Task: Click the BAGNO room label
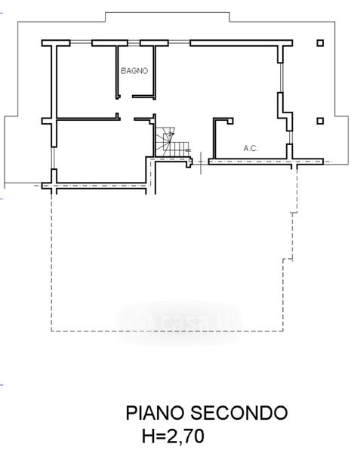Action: coord(134,71)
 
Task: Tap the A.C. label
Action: coord(251,149)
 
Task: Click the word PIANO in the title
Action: coord(155,413)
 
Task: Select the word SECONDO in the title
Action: coord(238,413)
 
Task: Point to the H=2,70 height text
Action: coord(174,436)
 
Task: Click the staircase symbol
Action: coord(173,142)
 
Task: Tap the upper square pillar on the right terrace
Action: coord(320,43)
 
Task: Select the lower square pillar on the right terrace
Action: coord(320,121)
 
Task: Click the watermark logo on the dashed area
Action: coord(180,323)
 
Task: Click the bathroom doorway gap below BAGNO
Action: coord(127,97)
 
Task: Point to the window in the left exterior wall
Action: coord(53,158)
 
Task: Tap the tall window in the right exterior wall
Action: coord(282,78)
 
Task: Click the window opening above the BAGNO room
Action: coord(134,43)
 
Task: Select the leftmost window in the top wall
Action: coord(81,43)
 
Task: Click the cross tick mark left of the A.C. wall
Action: coord(201,162)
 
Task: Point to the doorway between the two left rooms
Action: coord(127,119)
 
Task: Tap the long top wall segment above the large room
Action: coord(242,43)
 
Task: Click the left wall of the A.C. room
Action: coord(214,139)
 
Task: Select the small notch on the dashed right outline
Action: coord(294,213)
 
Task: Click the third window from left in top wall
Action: coord(179,43)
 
